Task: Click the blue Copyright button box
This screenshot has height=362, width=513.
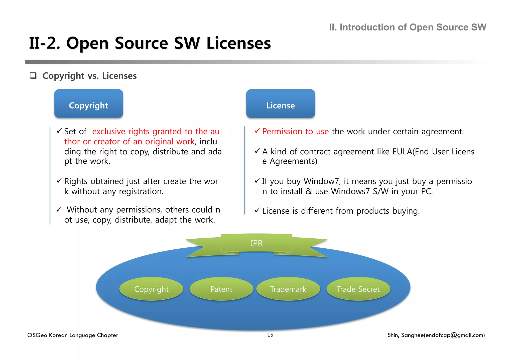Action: click(89, 104)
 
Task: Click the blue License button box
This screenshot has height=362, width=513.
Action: click(280, 104)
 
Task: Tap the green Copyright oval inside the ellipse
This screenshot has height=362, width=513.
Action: click(151, 289)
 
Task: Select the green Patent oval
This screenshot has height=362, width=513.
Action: click(221, 289)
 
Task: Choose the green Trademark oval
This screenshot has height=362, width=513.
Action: click(288, 289)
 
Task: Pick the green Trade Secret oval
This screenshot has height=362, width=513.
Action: click(358, 289)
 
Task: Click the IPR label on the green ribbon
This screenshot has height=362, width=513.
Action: click(256, 243)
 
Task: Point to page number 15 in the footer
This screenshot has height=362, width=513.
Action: click(270, 335)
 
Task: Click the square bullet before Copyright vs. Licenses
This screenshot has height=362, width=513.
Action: click(33, 76)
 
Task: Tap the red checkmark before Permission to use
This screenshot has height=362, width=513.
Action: click(257, 131)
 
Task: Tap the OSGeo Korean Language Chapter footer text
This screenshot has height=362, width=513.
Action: click(73, 335)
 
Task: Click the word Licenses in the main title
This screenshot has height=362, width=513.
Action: click(238, 43)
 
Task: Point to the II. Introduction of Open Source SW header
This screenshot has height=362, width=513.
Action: click(408, 27)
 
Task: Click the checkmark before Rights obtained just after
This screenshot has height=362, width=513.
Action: click(59, 181)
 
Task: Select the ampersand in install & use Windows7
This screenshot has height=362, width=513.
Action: click(309, 191)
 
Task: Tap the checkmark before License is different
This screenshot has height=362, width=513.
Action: click(257, 210)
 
